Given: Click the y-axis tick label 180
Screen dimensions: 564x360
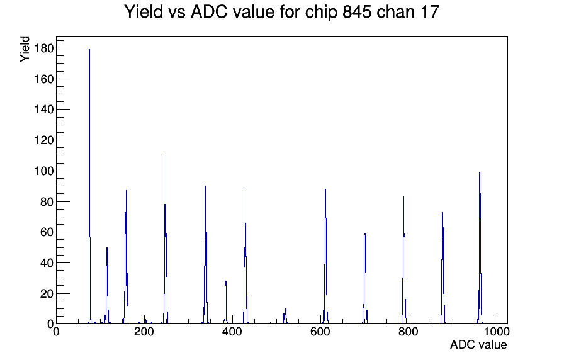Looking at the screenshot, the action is (x=44, y=48).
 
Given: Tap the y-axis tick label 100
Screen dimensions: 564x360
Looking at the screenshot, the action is (x=44, y=171).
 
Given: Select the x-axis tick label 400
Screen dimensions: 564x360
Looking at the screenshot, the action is (x=232, y=332).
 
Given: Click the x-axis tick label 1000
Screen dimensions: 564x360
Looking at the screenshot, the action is (x=497, y=332).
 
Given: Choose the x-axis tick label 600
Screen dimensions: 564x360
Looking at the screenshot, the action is (x=320, y=332).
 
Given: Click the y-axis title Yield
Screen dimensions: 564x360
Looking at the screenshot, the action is (x=25, y=49).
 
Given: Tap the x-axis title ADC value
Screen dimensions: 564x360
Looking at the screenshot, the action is (x=478, y=344).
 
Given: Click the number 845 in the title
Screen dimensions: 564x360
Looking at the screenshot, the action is (x=357, y=11).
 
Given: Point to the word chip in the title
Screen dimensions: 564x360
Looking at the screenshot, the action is (x=321, y=12).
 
